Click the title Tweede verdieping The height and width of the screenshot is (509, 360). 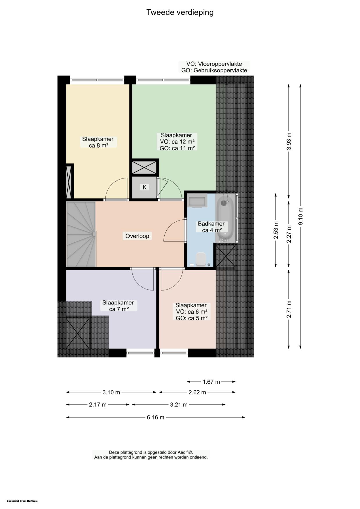tap(180, 12)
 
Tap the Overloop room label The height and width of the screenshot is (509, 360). tap(137, 236)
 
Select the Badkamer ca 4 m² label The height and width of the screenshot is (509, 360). tap(212, 227)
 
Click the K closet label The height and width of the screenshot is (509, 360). tap(145, 187)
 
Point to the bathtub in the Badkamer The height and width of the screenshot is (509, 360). tap(225, 217)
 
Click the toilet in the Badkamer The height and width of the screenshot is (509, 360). tap(201, 259)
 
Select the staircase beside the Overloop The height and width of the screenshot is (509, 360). tap(81, 234)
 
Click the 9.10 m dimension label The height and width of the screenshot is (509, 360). tap(301, 216)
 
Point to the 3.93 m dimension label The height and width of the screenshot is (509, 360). tap(289, 141)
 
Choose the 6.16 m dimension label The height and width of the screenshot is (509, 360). tap(156, 417)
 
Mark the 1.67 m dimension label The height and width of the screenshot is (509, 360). tap(211, 382)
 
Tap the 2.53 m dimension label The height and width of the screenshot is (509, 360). tap(276, 230)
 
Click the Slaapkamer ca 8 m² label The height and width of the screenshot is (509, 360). tap(98, 142)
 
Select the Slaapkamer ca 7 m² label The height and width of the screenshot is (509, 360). tap(118, 306)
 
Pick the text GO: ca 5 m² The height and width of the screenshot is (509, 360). tap(192, 318)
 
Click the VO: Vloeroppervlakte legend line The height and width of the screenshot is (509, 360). tap(214, 64)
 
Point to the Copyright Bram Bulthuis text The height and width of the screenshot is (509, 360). tap(22, 501)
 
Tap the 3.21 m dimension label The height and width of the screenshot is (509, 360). tap(179, 405)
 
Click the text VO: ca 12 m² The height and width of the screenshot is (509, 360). tap(177, 142)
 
